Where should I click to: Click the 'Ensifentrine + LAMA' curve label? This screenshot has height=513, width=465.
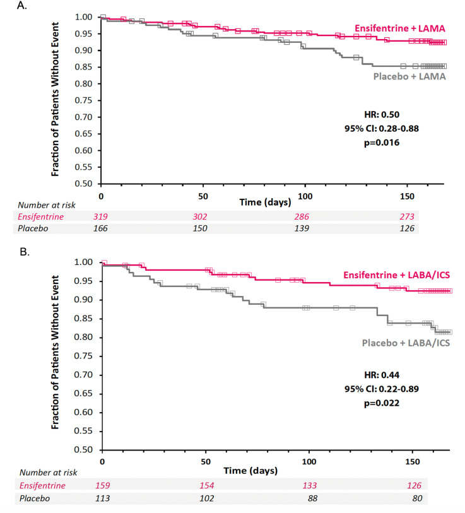point(399,28)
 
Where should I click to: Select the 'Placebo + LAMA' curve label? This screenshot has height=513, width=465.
point(409,77)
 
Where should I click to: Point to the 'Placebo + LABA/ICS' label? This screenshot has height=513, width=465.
point(406,344)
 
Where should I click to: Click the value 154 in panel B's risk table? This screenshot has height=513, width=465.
point(206,485)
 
